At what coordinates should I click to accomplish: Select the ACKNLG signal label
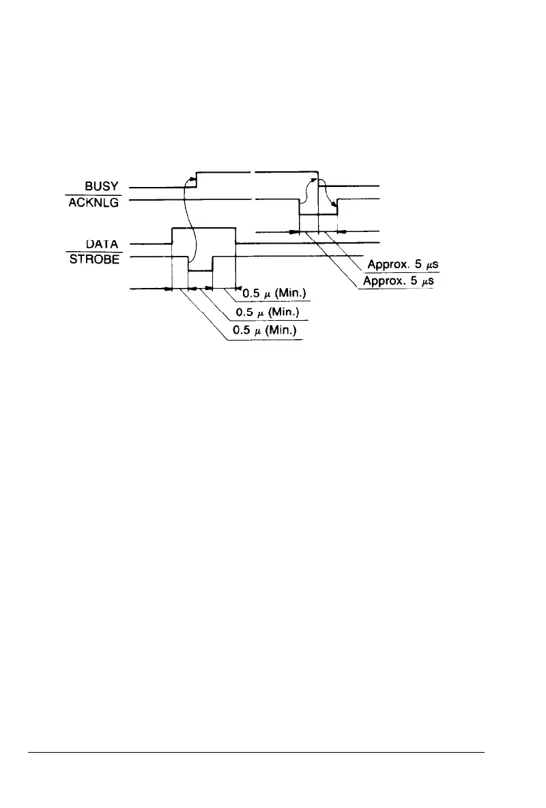coord(94,199)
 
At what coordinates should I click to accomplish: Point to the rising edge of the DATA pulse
coord(172,235)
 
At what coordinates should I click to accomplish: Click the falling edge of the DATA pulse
coord(235,235)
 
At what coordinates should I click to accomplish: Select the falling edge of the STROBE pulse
coord(188,263)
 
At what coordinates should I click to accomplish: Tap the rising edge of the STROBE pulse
coord(213,263)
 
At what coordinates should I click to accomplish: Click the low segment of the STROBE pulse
coord(200,271)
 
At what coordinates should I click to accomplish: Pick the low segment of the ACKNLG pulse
coord(319,214)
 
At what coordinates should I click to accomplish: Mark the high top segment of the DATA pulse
coord(203,228)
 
